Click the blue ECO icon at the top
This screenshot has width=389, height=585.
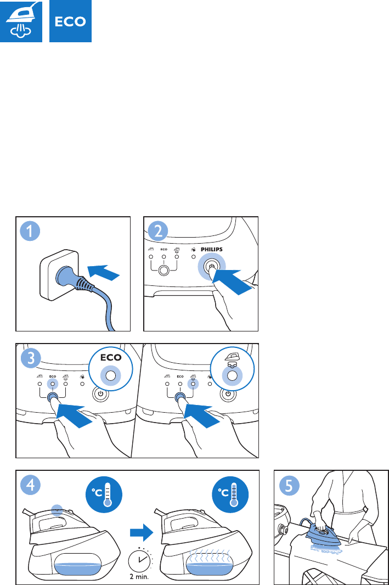tap(70, 21)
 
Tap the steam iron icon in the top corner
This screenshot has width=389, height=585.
tap(21, 21)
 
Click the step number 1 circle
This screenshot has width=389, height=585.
tap(30, 231)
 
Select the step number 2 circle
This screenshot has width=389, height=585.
tap(158, 231)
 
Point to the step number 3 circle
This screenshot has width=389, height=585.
tap(31, 358)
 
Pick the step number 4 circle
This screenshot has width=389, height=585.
tap(31, 485)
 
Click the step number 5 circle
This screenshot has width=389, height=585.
tap(290, 485)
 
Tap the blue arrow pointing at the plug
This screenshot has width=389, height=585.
tap(103, 272)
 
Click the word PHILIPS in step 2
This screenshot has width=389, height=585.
tap(211, 249)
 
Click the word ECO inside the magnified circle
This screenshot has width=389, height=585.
tap(111, 357)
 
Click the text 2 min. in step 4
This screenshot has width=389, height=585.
tap(139, 576)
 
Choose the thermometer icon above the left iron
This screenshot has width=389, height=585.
tap(104, 493)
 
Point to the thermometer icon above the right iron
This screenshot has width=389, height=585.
tap(230, 493)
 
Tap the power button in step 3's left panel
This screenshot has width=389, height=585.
tap(100, 394)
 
